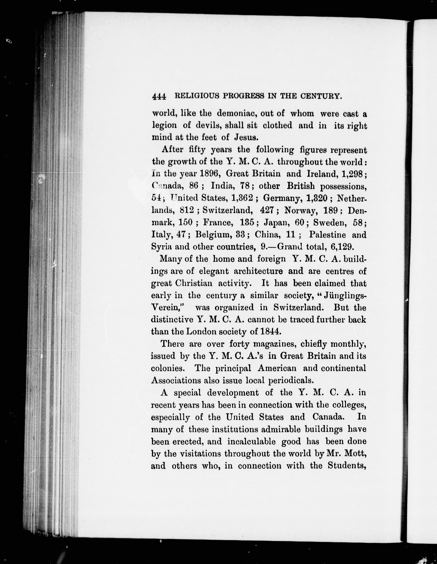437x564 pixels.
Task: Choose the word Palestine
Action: pos(327,235)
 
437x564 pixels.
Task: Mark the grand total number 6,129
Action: pos(341,247)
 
